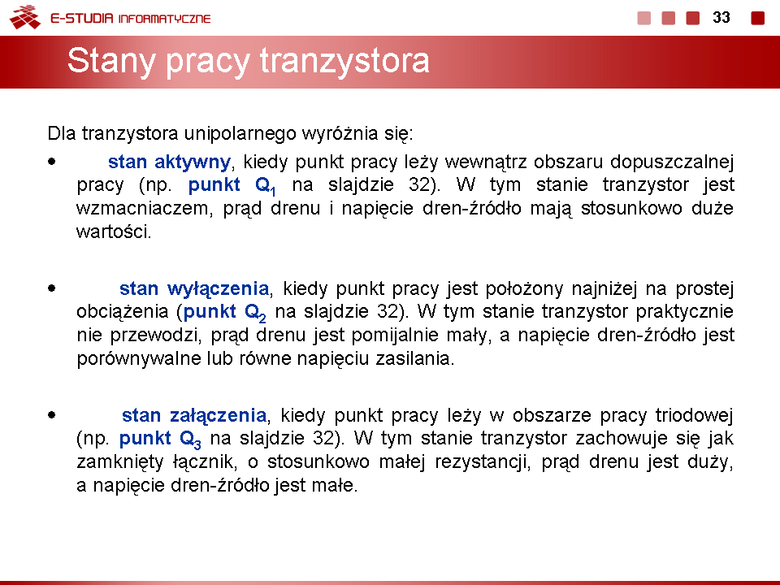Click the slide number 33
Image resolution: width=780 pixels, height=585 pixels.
click(x=721, y=17)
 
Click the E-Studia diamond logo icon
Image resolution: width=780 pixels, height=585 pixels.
click(x=25, y=17)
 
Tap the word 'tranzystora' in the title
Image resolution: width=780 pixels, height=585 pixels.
click(x=344, y=61)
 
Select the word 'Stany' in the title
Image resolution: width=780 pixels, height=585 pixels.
click(x=111, y=62)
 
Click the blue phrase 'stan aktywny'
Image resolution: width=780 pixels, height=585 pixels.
click(x=169, y=162)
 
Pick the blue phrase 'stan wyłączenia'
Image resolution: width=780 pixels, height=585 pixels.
click(x=194, y=288)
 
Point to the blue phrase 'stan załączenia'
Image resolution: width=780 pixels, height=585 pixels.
click(x=194, y=415)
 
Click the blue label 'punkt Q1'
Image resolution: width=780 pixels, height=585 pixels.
click(x=232, y=186)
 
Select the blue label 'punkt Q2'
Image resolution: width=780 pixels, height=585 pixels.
click(x=225, y=313)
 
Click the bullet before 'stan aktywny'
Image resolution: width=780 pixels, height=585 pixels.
click(x=52, y=161)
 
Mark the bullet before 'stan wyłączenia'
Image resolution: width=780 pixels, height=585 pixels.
click(x=52, y=288)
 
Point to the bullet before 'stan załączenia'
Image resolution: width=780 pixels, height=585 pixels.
click(x=52, y=415)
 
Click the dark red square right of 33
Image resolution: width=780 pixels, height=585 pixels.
click(x=757, y=18)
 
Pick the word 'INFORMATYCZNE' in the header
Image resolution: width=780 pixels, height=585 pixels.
click(x=164, y=19)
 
